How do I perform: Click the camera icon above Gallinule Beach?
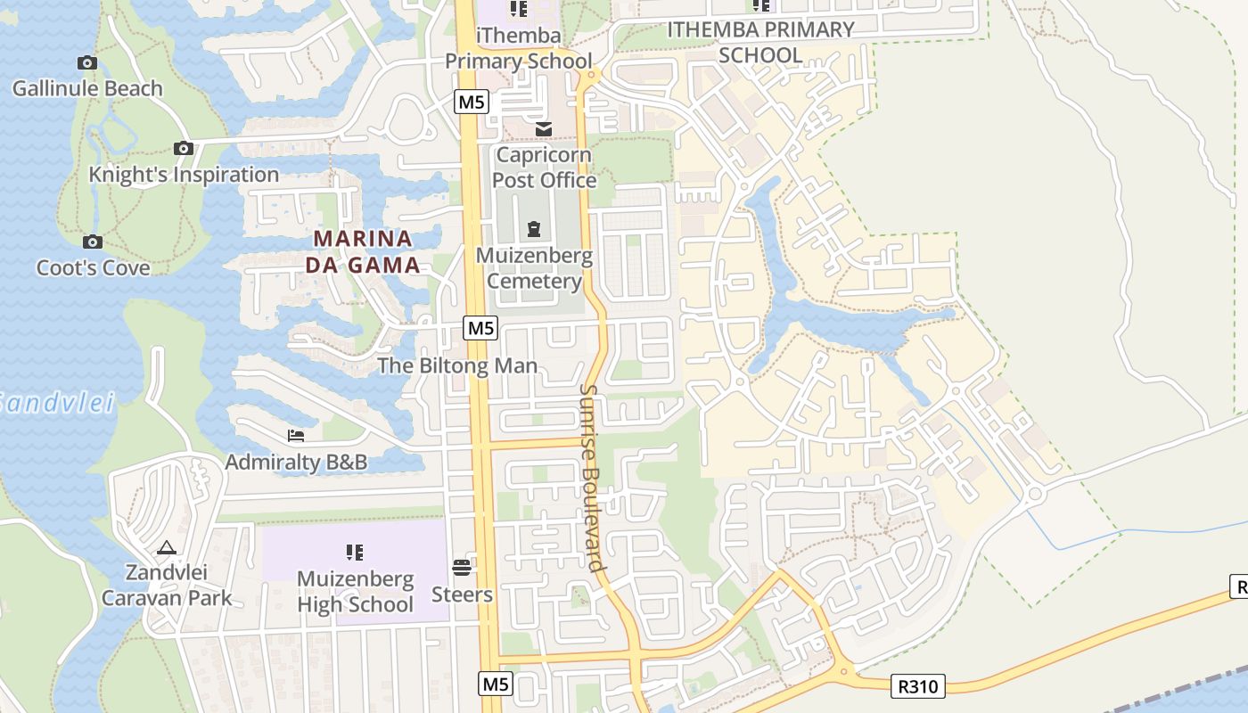coord(87,62)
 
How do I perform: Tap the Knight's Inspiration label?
coord(184,175)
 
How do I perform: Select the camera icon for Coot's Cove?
coord(92,242)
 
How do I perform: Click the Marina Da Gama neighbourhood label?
coord(363,251)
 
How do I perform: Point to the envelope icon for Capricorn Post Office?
coord(543,130)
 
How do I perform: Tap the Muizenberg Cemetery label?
coord(534,268)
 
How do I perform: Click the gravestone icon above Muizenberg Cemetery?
coord(534,229)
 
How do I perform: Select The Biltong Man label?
coord(457,365)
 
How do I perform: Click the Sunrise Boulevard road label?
coord(593,477)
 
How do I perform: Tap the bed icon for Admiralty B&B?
coord(296,435)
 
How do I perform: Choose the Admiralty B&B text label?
coord(296,462)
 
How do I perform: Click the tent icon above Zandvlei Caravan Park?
coord(167,547)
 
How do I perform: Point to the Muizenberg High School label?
coord(355,591)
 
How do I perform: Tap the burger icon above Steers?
coord(462,567)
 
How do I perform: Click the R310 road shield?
coord(917,685)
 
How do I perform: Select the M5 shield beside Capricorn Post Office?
coord(471,102)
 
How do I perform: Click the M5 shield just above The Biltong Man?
coord(480,328)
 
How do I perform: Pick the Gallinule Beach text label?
coord(87,88)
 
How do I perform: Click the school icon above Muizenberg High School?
coord(355,553)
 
